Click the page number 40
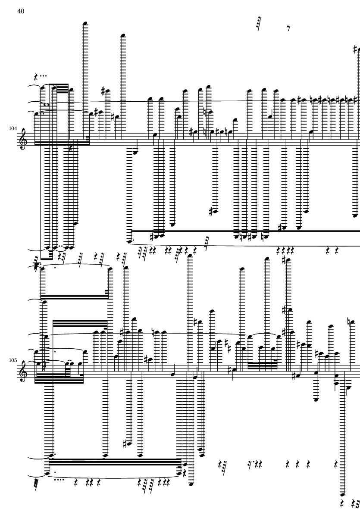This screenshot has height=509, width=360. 21,11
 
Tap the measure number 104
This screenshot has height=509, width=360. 13,128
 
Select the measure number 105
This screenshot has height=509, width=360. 13,360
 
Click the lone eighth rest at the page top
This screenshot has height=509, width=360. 288,28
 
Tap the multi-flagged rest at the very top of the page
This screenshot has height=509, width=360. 259,24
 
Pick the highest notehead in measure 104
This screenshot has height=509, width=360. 85,23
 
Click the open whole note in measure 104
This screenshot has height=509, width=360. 48,105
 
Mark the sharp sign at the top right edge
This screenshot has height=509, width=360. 356,49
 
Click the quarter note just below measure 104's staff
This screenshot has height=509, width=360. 135,152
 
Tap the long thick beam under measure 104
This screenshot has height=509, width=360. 245,231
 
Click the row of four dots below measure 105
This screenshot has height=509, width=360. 59,479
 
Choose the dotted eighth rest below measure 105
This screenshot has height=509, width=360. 250,463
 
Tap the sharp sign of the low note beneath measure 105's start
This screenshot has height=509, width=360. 125,444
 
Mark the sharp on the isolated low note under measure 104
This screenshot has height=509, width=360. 211,212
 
